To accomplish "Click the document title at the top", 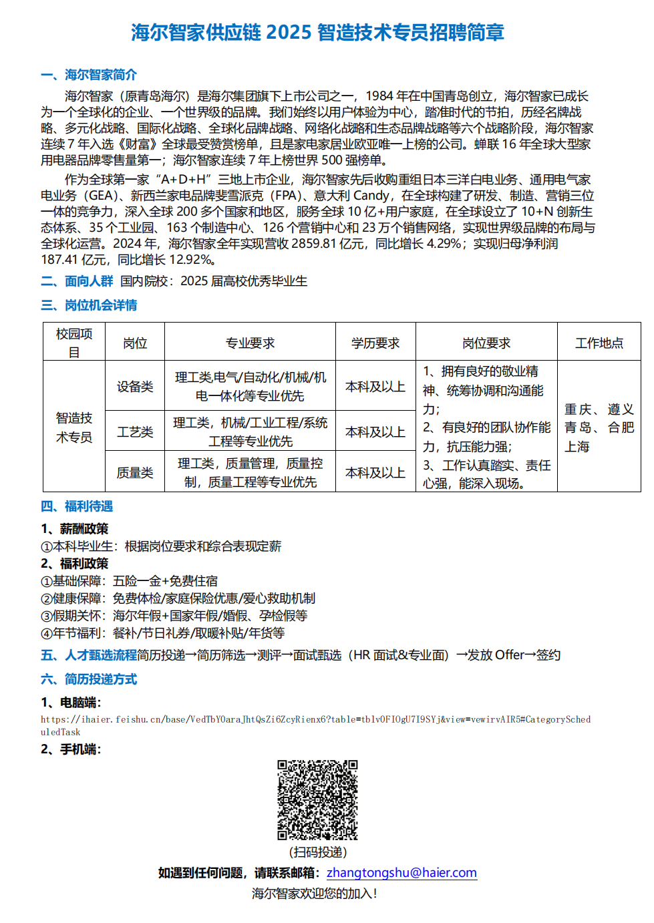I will [317, 32].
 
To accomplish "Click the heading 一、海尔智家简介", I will [89, 75].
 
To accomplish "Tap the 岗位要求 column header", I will [486, 343].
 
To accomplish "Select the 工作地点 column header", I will [599, 343].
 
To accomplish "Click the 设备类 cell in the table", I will [135, 386].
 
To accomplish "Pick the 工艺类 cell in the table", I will [135, 431].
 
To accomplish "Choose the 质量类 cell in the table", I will [135, 472].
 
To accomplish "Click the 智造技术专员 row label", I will [73, 427].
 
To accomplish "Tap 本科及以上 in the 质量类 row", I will [375, 472].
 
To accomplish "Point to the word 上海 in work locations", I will [577, 446].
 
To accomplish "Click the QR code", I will [317, 799].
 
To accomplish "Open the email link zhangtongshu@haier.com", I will [401, 872].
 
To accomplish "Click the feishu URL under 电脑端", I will [315, 719].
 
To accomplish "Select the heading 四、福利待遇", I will [77, 506].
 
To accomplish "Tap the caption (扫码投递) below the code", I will [318, 852].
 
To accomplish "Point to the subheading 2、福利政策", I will [74, 564].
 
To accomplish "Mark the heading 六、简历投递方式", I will [89, 679].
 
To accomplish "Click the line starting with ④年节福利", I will [163, 632].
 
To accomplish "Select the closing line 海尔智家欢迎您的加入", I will [314, 893].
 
